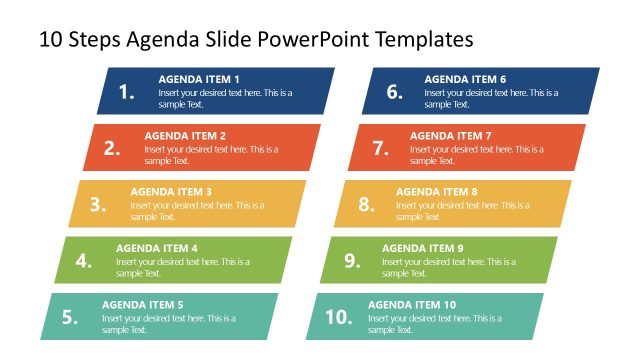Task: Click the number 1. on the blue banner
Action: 127,92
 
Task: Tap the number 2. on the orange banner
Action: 112,148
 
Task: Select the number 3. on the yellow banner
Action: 98,204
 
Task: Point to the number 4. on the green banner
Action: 84,261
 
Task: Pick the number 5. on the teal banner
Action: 70,317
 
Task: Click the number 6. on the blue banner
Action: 394,92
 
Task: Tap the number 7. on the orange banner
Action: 380,148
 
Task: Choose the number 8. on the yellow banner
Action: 366,204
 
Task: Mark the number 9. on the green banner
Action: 352,261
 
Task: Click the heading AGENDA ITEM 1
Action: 199,79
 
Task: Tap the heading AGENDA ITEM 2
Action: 185,135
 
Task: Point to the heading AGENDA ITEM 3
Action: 171,191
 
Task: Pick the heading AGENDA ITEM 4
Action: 157,248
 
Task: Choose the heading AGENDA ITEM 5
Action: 143,304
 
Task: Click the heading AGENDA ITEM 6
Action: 465,79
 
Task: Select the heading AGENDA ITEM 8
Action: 437,191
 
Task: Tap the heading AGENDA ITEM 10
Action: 412,304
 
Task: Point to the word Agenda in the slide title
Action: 161,40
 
